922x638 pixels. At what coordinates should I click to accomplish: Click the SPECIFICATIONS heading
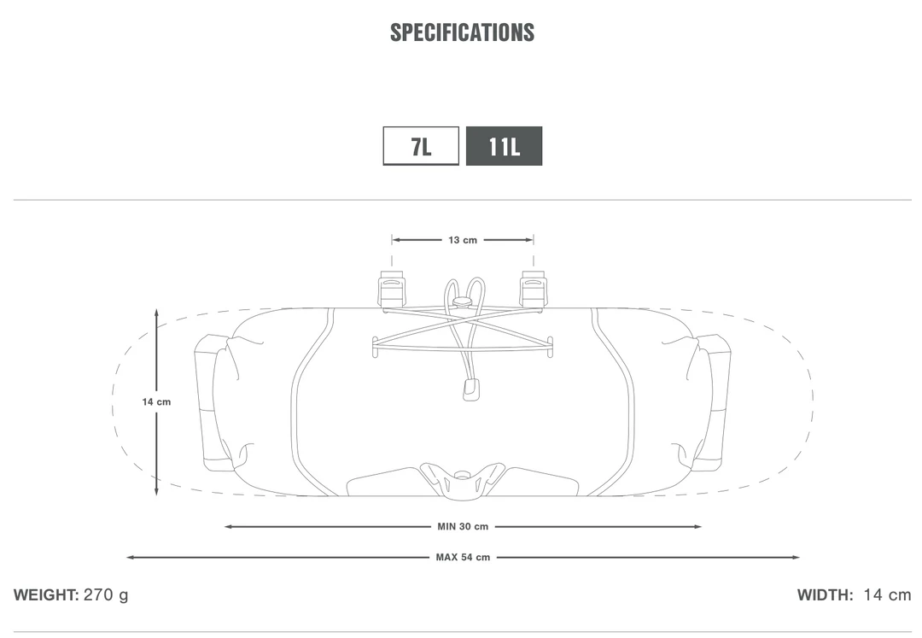click(x=462, y=32)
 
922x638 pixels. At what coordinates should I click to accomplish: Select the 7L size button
click(x=421, y=146)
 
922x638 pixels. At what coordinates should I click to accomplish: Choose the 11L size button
click(x=504, y=146)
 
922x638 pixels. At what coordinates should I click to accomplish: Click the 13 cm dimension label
click(x=463, y=240)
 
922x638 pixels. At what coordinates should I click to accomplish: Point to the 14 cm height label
click(x=156, y=402)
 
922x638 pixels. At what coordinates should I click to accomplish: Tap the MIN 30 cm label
click(x=463, y=527)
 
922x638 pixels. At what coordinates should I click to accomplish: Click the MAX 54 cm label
click(x=463, y=558)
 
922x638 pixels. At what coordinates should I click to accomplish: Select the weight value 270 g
click(x=106, y=595)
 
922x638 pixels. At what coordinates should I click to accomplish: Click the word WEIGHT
click(x=46, y=595)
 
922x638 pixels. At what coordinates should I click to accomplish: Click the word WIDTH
click(x=825, y=595)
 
